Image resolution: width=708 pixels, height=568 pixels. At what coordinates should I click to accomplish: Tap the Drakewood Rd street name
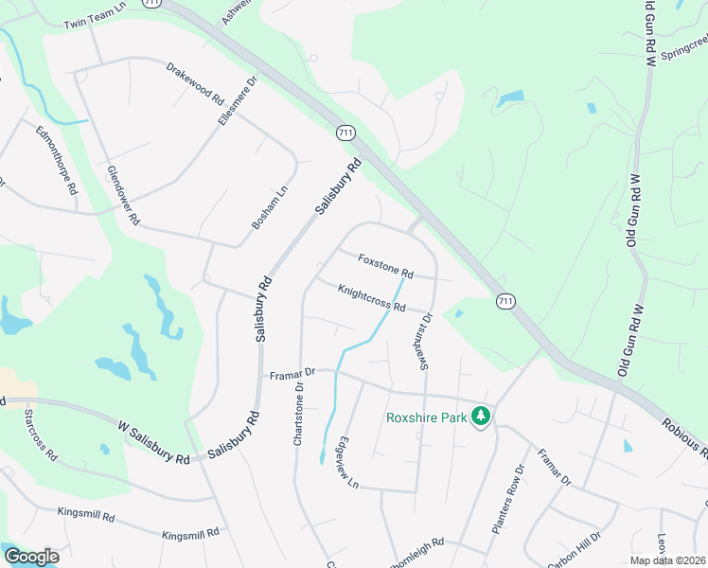(194, 83)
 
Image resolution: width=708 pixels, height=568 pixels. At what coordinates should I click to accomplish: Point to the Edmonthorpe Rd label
(56, 159)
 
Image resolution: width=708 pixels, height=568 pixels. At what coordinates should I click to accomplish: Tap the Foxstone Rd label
(385, 265)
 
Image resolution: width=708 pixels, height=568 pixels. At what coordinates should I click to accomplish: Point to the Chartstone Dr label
(298, 412)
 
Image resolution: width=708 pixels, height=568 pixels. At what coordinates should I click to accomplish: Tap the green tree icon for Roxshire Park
(481, 417)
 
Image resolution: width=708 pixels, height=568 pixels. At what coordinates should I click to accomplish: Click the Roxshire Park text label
(427, 417)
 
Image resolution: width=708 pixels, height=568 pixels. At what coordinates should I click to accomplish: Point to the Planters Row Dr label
(506, 499)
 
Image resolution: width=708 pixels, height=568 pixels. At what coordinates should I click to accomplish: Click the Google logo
(31, 557)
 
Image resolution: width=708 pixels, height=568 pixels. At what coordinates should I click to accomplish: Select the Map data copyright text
(666, 560)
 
